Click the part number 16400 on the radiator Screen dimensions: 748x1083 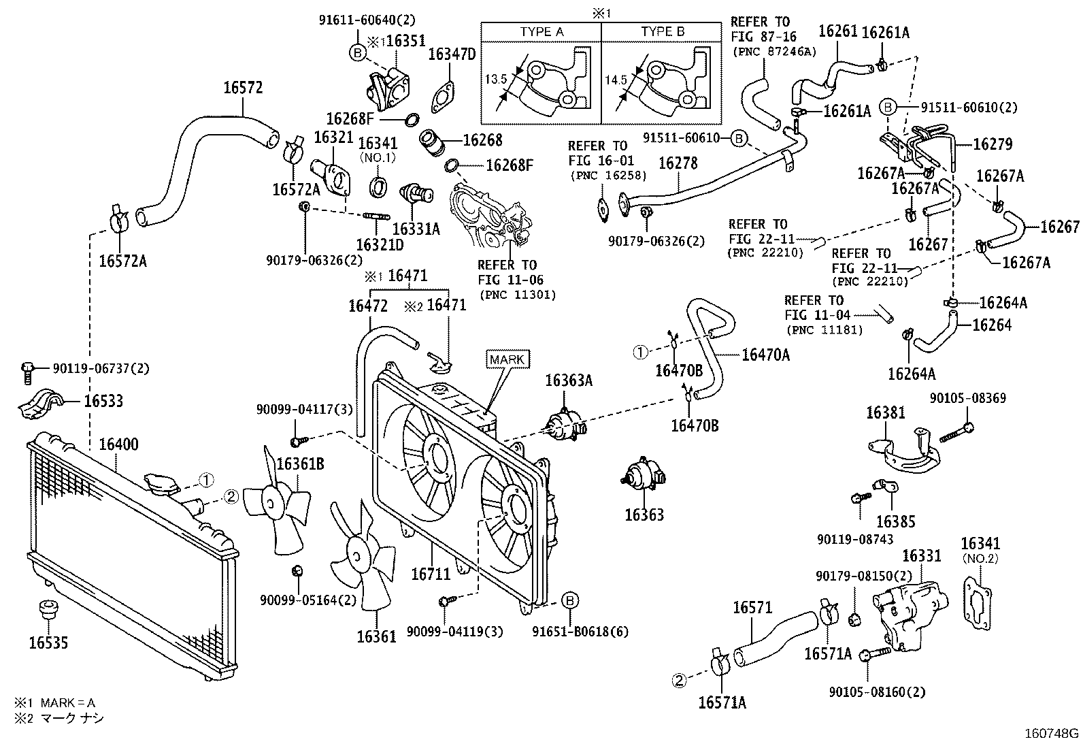tap(118, 444)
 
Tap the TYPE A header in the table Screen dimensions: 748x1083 tap(541, 31)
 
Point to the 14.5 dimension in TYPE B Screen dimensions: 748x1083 tap(615, 80)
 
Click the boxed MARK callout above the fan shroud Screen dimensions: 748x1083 tap(507, 359)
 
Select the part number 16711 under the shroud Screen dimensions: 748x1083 tap(431, 574)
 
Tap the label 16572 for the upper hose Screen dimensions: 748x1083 tap(243, 88)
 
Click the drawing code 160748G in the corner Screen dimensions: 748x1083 tap(1052, 734)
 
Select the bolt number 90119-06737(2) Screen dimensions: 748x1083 tap(101, 368)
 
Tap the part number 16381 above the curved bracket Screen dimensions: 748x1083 tap(886, 413)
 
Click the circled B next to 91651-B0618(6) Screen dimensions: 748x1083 tap(571, 600)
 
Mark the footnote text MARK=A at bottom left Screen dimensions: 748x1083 tap(68, 702)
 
